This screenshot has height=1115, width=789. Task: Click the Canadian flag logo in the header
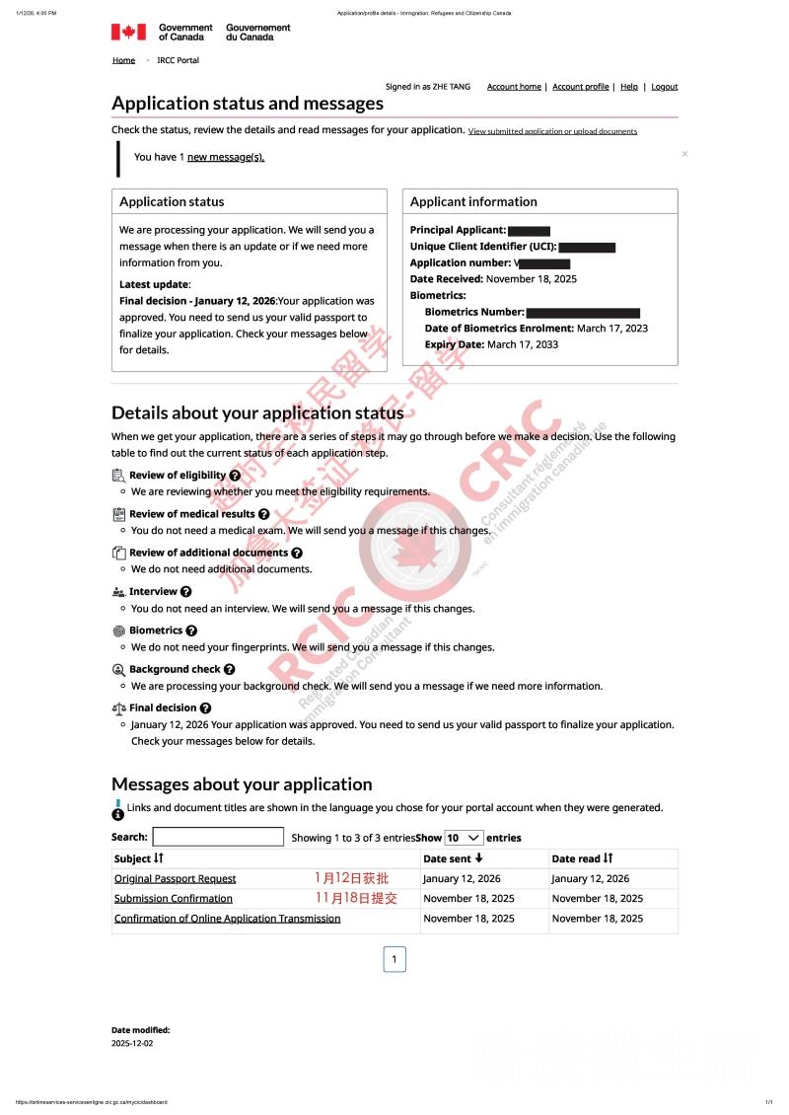click(128, 32)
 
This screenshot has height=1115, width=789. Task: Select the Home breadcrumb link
click(123, 60)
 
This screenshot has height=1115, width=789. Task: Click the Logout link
click(665, 87)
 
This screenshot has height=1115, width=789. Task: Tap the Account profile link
click(580, 87)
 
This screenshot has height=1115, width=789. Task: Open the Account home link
click(514, 87)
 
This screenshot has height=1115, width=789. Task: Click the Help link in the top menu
click(629, 87)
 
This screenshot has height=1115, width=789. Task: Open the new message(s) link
click(226, 157)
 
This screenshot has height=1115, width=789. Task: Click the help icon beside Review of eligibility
click(235, 476)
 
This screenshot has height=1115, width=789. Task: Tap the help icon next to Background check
click(230, 669)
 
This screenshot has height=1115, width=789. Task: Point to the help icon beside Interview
click(186, 592)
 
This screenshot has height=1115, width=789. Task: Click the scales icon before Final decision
click(119, 707)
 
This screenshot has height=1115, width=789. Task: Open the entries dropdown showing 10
click(464, 837)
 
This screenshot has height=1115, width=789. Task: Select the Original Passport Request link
click(175, 878)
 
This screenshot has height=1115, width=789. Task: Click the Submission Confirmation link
click(174, 898)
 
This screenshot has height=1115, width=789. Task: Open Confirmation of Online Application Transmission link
click(227, 918)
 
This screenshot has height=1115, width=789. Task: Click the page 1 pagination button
click(394, 959)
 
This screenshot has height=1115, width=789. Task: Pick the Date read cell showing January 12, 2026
click(590, 878)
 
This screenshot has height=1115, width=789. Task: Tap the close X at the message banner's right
click(684, 154)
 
